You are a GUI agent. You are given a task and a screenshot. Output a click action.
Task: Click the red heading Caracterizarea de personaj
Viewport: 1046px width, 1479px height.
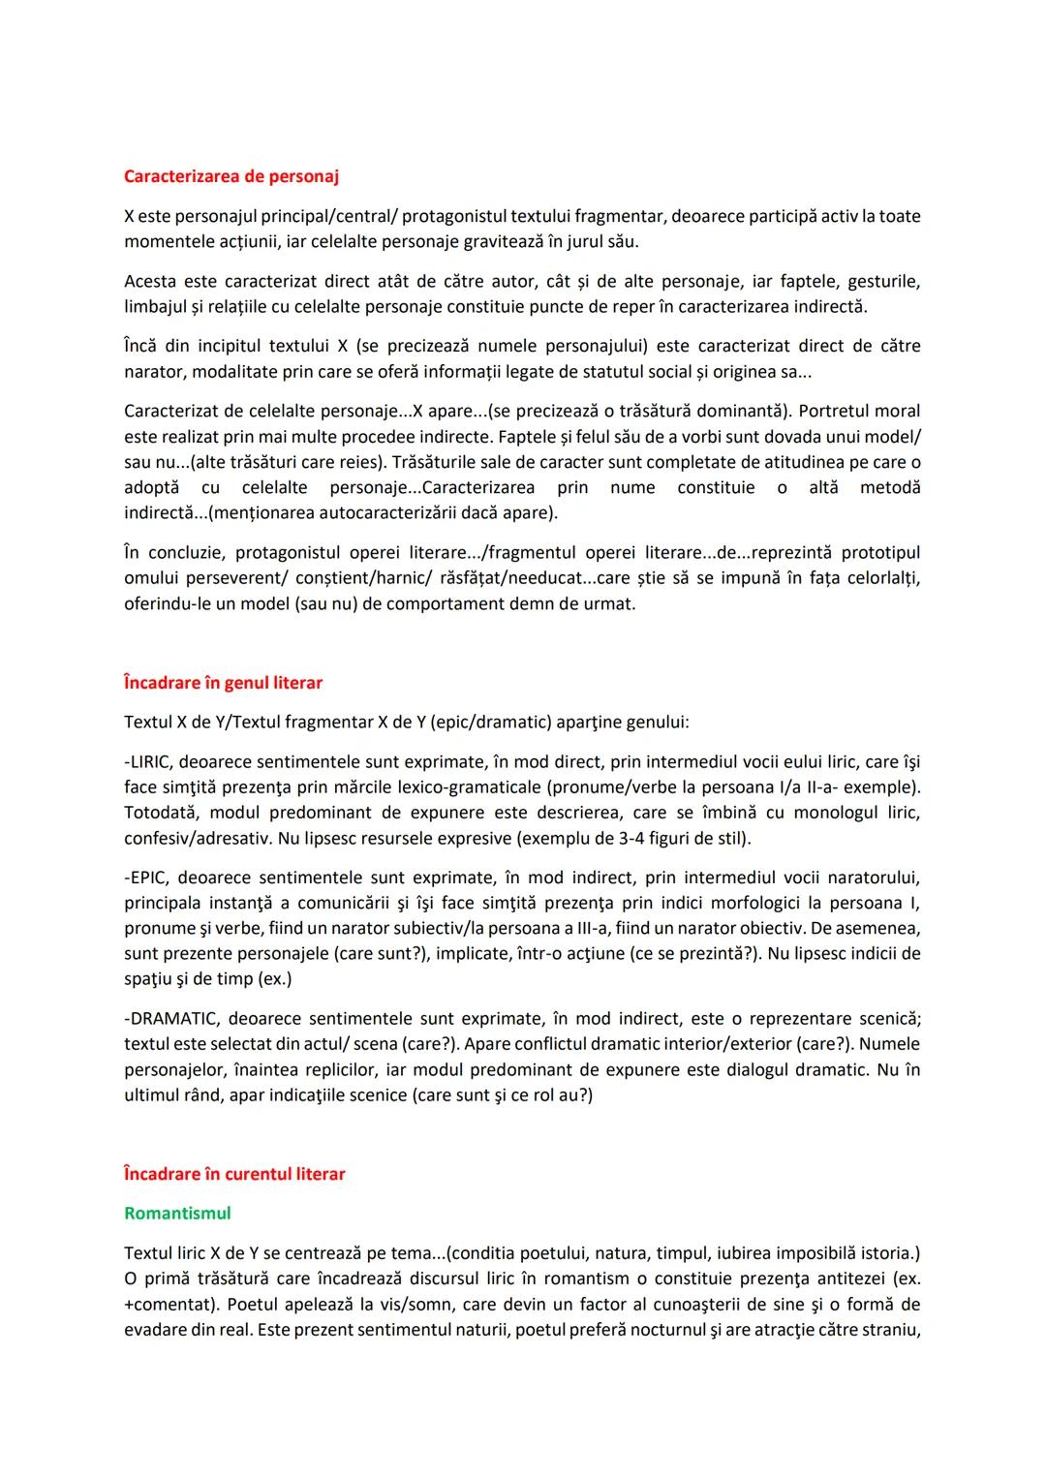[x=231, y=176]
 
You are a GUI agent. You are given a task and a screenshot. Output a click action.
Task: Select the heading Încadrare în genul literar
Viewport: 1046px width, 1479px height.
[x=223, y=683]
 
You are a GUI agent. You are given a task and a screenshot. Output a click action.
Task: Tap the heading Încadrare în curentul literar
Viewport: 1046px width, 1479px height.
[x=234, y=1174]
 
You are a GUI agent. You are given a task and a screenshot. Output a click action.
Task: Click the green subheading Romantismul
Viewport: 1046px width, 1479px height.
[x=177, y=1213]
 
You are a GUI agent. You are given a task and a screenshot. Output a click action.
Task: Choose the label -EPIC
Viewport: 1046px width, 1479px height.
[x=145, y=878]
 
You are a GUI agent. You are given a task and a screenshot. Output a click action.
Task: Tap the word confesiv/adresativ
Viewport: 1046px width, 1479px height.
[x=197, y=838]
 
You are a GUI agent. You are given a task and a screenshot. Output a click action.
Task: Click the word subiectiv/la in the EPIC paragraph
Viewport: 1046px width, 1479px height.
[x=430, y=928]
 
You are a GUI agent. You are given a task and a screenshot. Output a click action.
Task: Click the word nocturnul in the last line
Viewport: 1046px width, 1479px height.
[x=659, y=1330]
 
